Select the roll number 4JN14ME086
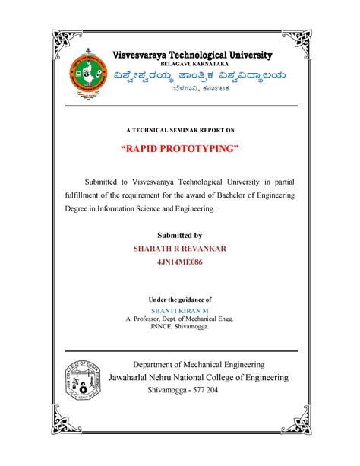click(179, 265)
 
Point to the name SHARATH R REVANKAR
click(180, 249)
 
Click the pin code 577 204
click(202, 390)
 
